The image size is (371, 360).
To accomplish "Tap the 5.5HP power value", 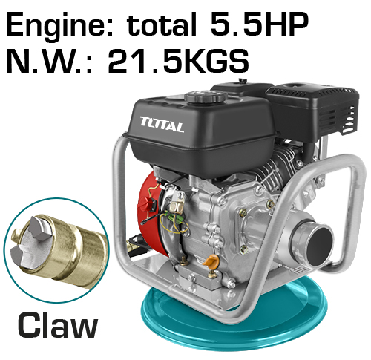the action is click(259, 24).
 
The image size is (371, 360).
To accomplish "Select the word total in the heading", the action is click(162, 24).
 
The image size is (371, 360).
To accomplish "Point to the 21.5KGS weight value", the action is click(178, 61).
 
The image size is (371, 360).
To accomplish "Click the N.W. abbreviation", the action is click(49, 61).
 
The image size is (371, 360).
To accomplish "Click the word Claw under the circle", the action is click(58, 324).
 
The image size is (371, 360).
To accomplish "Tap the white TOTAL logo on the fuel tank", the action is click(162, 124).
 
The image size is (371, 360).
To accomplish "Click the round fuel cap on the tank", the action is click(206, 97).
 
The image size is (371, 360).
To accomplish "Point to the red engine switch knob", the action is click(144, 204).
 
